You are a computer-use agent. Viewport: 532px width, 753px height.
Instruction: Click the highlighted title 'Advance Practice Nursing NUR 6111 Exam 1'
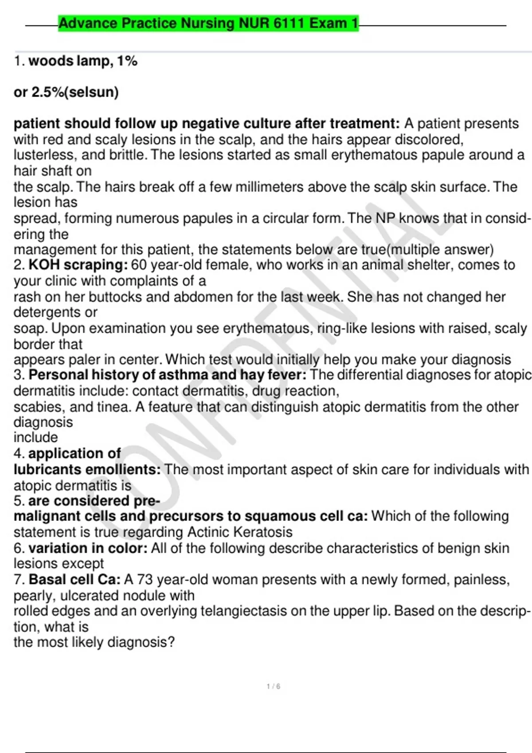(x=208, y=23)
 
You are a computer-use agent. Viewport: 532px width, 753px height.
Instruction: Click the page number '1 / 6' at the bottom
(x=273, y=687)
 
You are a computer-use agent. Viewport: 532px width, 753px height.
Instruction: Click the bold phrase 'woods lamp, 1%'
(x=83, y=61)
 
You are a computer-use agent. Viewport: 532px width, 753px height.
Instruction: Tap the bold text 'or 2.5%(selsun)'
(x=66, y=92)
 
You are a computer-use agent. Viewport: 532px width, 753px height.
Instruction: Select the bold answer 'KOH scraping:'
(x=78, y=265)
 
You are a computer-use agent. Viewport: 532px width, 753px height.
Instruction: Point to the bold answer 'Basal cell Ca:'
(x=74, y=579)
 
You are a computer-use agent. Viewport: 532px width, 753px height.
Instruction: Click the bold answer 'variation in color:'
(x=88, y=548)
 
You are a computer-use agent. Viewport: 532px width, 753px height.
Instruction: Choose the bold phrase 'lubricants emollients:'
(x=87, y=470)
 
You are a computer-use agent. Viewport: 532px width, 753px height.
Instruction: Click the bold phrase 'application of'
(x=74, y=454)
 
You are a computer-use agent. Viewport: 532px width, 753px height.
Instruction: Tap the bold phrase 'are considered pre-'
(x=94, y=501)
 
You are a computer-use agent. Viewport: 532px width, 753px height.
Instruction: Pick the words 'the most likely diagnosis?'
(x=94, y=642)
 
